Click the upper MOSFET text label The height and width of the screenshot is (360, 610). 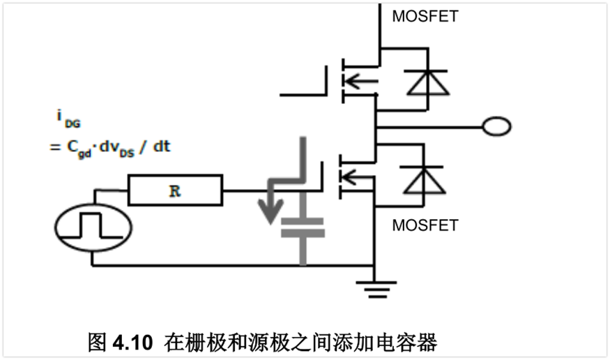(425, 16)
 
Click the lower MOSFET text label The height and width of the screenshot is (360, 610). (425, 225)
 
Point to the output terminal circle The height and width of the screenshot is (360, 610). (497, 126)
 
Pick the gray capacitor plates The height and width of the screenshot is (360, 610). (302, 228)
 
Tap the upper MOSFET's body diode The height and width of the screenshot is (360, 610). (423, 83)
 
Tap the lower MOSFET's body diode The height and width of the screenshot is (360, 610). (423, 181)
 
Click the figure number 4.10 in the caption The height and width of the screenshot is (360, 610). (131, 343)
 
